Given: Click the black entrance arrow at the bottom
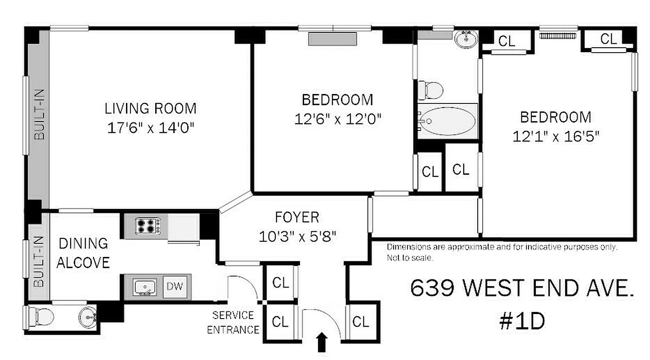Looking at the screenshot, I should coord(322,342).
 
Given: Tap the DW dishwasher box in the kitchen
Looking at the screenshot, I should coord(175,286).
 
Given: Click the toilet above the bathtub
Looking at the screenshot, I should coord(430,90).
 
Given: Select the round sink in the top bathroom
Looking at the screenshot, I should coord(467,39).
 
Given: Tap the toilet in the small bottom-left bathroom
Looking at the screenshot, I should coord(41,317).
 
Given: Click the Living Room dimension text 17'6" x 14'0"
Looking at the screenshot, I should coord(150,128).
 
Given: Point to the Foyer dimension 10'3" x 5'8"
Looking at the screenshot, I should coord(297,236).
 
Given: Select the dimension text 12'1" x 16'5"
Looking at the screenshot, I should coord(556,136).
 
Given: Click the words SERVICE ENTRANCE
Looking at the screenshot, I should coord(233,322).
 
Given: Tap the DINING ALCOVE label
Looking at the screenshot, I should coord(83,253).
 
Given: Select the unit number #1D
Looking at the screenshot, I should coord(522,321).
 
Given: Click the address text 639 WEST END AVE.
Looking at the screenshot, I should coord(522,288).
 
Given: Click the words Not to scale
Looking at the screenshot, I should coord(410,258).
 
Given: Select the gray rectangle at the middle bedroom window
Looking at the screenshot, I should coord(332,39).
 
